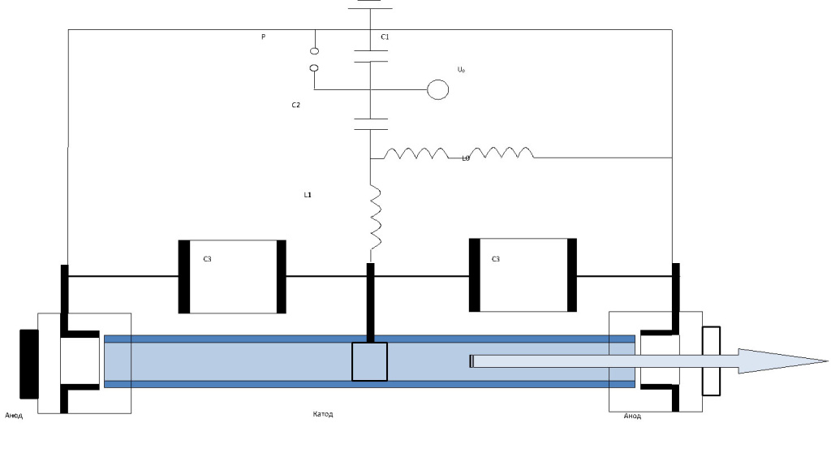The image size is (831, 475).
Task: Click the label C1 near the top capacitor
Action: (385, 37)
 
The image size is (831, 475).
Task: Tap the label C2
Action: (297, 105)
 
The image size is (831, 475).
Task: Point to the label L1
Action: (308, 196)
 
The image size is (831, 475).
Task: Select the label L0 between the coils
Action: (466, 158)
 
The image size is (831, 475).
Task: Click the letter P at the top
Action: (263, 37)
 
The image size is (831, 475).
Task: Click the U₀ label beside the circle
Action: (461, 71)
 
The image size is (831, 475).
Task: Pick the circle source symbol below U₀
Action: (438, 89)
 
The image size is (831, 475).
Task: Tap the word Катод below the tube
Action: (323, 415)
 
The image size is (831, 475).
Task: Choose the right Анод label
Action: (632, 417)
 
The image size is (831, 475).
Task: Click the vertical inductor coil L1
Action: (376, 217)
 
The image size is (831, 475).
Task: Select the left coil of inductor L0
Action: (415, 153)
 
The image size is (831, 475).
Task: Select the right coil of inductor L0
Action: (502, 153)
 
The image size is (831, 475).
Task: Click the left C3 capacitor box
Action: (232, 276)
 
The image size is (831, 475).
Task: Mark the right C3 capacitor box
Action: (523, 275)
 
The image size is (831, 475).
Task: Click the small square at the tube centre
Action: (369, 361)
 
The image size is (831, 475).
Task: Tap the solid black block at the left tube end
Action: (28, 363)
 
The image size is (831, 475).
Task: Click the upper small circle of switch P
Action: (315, 51)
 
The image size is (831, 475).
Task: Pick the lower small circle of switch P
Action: (315, 69)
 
